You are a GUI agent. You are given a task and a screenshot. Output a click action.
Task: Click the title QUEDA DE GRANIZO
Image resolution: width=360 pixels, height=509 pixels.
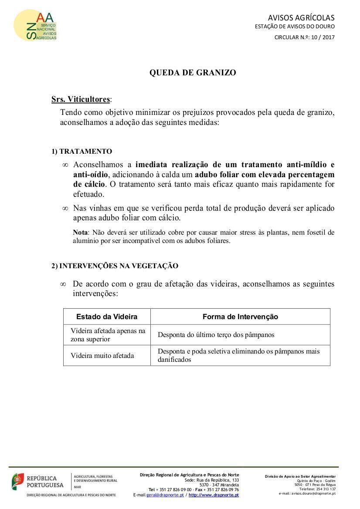point(193,73)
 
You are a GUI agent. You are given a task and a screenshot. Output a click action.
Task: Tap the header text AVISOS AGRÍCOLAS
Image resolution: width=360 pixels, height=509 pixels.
point(301,18)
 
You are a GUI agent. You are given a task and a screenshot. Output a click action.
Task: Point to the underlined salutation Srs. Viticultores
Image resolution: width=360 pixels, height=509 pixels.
point(81,99)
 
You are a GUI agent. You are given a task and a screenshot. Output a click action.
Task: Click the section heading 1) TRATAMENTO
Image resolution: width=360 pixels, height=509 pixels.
point(82,152)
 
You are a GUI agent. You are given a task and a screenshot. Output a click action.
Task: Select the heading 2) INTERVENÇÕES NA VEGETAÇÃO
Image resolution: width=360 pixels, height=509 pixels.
point(115,266)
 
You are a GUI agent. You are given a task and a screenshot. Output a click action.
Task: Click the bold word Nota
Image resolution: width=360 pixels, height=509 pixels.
point(80,233)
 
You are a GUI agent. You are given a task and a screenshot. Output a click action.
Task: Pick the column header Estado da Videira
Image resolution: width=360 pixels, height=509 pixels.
point(107,317)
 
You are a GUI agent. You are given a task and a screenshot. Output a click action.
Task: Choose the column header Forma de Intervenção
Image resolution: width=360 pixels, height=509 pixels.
point(240,317)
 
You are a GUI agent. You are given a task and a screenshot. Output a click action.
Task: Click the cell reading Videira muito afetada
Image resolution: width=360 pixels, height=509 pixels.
point(102,356)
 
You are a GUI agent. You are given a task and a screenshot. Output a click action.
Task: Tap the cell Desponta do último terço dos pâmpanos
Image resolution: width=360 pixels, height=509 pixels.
point(216,335)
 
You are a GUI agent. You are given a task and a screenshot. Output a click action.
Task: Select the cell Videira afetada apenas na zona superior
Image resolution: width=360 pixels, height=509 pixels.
point(108,335)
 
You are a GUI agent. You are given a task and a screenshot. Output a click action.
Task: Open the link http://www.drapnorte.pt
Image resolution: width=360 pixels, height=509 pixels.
point(214,495)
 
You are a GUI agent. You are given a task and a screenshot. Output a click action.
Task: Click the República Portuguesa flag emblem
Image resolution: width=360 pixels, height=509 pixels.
point(17,481)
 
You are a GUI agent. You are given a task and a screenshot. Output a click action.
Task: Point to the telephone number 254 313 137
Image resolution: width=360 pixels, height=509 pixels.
point(325,489)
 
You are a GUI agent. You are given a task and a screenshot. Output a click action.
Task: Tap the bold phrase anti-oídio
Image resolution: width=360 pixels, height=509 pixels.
point(90,174)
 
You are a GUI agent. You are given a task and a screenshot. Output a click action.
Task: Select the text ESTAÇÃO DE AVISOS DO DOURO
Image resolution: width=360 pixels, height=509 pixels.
point(295,27)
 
